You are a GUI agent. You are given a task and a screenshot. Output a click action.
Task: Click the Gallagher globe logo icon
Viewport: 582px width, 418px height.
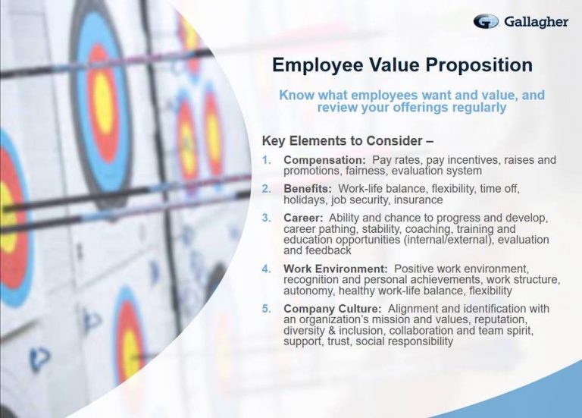click(486, 21)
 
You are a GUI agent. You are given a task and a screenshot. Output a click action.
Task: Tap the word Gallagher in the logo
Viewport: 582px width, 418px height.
click(537, 22)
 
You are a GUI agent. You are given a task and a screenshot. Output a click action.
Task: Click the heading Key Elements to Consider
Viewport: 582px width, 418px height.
click(348, 141)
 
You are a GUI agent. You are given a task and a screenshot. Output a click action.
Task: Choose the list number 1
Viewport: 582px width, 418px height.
click(267, 160)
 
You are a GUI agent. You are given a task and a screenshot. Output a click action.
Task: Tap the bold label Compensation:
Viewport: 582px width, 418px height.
click(325, 160)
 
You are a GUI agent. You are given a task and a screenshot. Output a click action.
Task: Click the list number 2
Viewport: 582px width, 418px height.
click(267, 189)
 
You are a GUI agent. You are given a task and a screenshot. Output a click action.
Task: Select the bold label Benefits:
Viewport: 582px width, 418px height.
click(308, 189)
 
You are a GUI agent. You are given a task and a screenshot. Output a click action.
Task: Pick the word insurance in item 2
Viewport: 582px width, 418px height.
click(418, 200)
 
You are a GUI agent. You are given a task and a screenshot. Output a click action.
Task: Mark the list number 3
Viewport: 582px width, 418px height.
click(267, 218)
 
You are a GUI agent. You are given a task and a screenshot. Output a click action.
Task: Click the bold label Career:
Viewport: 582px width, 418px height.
click(303, 218)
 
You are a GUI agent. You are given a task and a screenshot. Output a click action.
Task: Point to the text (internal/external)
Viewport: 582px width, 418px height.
click(449, 240)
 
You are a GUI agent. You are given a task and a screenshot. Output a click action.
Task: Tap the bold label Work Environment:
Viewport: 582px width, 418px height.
click(336, 269)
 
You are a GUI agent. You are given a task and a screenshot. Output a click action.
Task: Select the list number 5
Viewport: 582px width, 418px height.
click(267, 309)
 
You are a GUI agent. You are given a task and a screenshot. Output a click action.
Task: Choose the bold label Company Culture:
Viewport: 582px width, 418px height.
click(333, 309)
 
